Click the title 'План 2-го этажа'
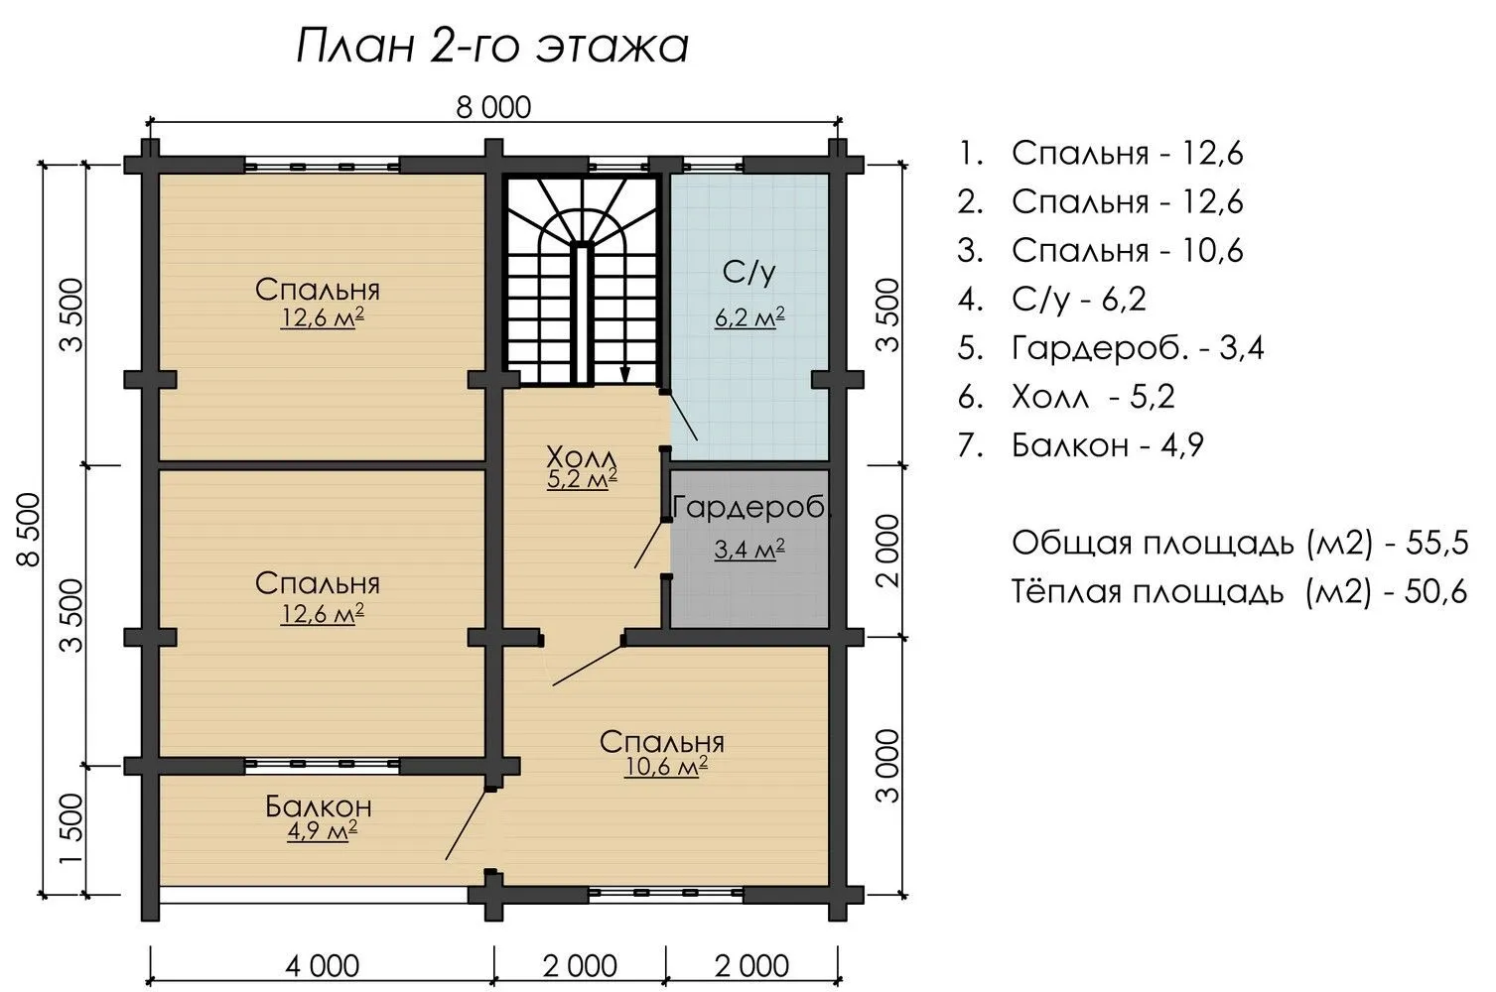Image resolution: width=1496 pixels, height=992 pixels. click(492, 48)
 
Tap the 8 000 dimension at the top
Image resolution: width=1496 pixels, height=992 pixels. click(493, 107)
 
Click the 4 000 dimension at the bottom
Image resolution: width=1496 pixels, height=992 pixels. click(323, 966)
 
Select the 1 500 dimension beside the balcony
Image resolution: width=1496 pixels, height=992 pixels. click(71, 828)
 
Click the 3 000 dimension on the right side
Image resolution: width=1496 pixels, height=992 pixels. click(887, 766)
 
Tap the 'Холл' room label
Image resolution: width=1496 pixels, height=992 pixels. click(581, 458)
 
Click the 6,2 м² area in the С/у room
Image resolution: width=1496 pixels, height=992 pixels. click(749, 317)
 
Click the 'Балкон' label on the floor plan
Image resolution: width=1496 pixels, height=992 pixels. click(318, 806)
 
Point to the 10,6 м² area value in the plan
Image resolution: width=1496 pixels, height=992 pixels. click(666, 767)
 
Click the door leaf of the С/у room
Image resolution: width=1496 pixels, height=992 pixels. click(683, 417)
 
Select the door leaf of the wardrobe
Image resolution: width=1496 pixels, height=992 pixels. click(650, 545)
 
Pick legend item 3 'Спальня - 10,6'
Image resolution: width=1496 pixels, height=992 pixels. click(1100, 250)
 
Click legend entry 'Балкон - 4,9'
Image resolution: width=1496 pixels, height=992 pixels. click(1080, 445)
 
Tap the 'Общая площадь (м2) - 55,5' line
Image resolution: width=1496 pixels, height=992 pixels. click(1240, 544)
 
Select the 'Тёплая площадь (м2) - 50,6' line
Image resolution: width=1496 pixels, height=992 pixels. click(1240, 591)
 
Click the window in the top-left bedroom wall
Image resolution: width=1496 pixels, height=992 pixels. click(322, 166)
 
